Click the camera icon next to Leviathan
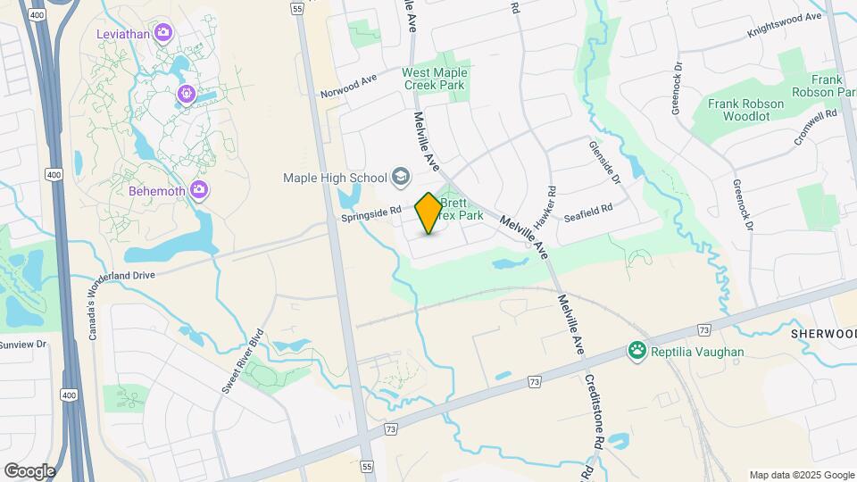[x=162, y=34]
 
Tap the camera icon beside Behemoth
[x=199, y=189]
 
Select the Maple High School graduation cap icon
[x=401, y=177]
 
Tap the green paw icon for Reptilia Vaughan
[x=637, y=351]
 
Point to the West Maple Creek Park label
[x=434, y=79]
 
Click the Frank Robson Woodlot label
[x=746, y=110]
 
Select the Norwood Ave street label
[x=349, y=87]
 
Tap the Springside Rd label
[x=367, y=216]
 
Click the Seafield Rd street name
[x=587, y=208]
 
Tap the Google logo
[x=29, y=470]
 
